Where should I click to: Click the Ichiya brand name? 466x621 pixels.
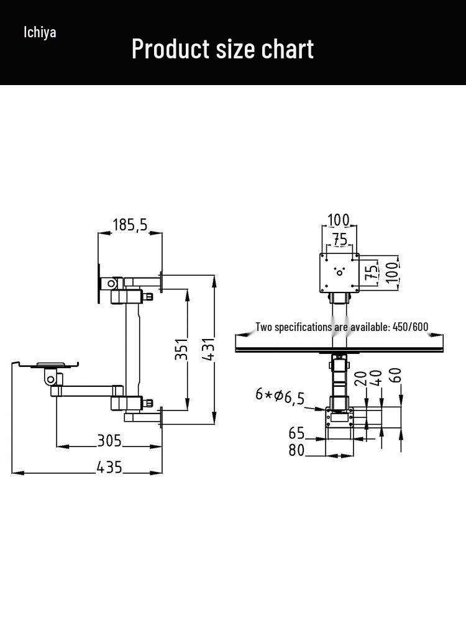click(40, 32)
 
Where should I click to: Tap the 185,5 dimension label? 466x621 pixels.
click(130, 225)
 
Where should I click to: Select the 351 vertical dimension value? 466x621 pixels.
click(181, 349)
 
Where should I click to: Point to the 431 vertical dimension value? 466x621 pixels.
click(208, 349)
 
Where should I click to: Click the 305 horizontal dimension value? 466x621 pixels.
click(109, 440)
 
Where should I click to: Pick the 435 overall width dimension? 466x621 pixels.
click(109, 468)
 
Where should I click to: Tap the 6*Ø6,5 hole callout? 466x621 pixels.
click(280, 396)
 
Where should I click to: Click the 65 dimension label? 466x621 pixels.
click(296, 433)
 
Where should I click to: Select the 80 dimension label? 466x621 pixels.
click(296, 450)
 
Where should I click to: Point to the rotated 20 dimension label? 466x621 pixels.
click(360, 378)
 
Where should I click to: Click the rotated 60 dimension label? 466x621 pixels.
click(395, 375)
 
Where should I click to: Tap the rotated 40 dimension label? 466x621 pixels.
click(376, 378)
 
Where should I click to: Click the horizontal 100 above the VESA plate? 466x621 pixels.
click(339, 220)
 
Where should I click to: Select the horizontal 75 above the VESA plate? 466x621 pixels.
click(340, 239)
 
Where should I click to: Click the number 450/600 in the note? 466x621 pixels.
click(411, 327)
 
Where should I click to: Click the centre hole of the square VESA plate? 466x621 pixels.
click(339, 273)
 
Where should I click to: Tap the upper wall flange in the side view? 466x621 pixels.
click(161, 281)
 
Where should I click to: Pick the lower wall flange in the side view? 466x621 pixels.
click(161, 417)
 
